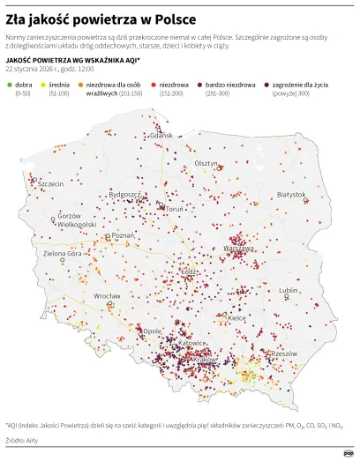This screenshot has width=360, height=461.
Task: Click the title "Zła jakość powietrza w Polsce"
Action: (101, 19)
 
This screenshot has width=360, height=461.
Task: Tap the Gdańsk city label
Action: (163, 136)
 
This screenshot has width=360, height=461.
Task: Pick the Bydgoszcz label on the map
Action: (124, 194)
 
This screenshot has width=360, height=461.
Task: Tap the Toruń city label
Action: (175, 209)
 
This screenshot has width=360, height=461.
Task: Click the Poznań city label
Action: (123, 236)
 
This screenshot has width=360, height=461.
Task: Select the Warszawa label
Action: (239, 249)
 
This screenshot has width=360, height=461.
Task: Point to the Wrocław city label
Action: (108, 296)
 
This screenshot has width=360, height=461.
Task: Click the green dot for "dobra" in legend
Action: (9, 84)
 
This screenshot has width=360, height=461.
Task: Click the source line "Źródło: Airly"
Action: (26, 438)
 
